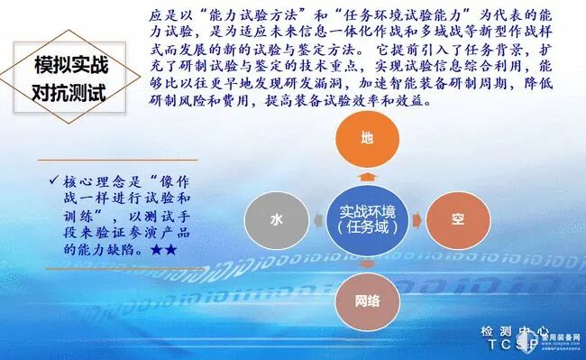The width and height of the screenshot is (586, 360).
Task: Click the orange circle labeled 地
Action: point(365,138)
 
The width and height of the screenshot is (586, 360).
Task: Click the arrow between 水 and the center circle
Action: point(315,219)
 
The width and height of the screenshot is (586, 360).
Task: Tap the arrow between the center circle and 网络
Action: point(365,263)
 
